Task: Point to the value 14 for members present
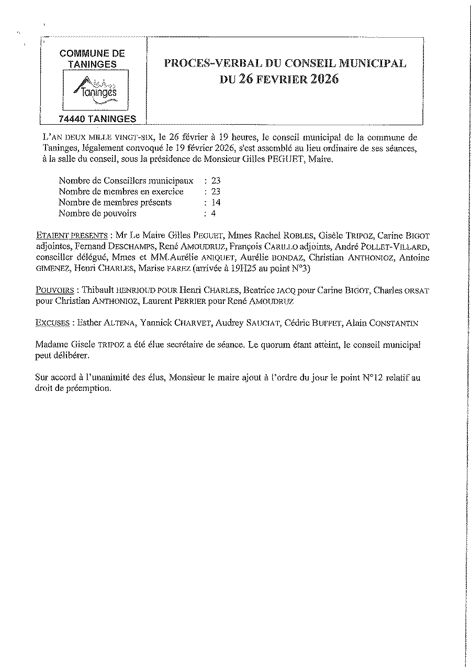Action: [x=216, y=202]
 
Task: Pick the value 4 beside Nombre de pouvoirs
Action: [x=214, y=213]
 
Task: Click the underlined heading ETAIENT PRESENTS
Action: [x=72, y=235]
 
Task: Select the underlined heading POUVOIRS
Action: [x=54, y=290]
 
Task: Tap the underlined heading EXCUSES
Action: [x=52, y=323]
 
